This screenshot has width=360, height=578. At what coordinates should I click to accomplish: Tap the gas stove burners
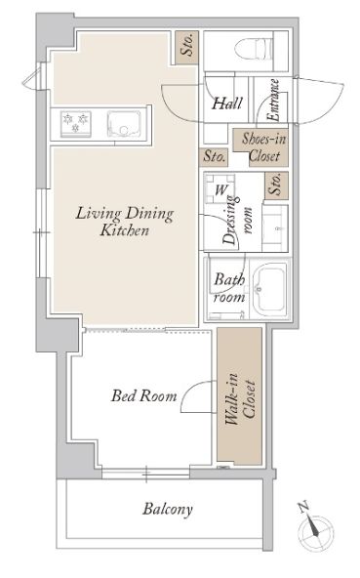76,123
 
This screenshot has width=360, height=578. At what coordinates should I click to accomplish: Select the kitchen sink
124,124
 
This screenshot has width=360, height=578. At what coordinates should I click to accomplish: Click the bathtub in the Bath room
269,288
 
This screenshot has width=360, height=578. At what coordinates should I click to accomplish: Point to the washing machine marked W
220,189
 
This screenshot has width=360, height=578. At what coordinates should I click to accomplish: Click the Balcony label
168,509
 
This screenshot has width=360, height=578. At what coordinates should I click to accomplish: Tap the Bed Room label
144,395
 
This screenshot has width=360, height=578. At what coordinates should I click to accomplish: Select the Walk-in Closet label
240,399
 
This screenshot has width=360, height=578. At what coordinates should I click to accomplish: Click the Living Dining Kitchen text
125,222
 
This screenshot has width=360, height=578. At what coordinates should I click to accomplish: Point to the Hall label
227,103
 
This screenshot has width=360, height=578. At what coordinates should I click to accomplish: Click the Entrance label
273,101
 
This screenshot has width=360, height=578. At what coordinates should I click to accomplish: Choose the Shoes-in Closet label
263,147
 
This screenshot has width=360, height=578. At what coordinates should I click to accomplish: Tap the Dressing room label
238,221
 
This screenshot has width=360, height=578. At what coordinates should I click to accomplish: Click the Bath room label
229,287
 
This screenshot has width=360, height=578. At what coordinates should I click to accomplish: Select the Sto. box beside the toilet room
186,48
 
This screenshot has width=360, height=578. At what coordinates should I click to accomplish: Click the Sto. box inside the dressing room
277,186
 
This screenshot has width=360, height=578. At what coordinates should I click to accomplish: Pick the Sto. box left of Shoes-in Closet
214,156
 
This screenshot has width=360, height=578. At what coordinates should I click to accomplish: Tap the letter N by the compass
303,507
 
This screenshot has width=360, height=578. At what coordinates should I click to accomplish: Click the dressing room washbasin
274,228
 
